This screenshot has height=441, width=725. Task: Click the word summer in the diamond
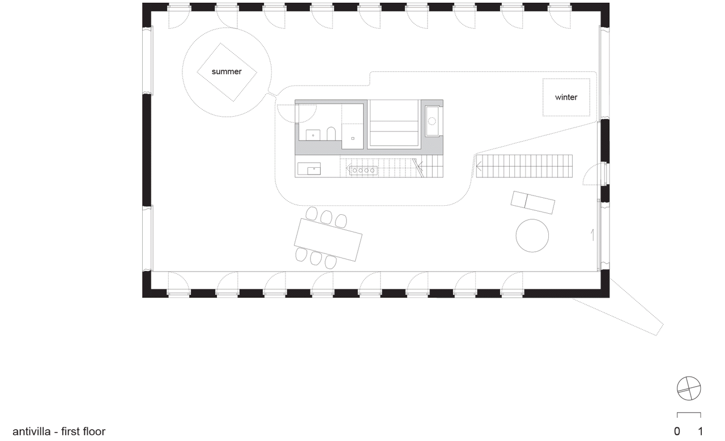227,72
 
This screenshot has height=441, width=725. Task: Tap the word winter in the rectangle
566,97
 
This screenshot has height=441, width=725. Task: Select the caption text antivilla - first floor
59,432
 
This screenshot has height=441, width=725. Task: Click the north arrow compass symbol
689,388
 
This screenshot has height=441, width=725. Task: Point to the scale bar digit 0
677,431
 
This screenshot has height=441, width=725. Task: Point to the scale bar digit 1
701,431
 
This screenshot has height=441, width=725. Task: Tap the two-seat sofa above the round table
532,202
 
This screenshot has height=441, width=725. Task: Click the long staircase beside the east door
524,166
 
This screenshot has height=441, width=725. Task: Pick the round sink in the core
432,121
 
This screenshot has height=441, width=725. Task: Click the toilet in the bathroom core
331,134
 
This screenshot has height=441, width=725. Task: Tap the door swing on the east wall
594,174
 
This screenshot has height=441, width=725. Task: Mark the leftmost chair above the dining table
312,213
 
